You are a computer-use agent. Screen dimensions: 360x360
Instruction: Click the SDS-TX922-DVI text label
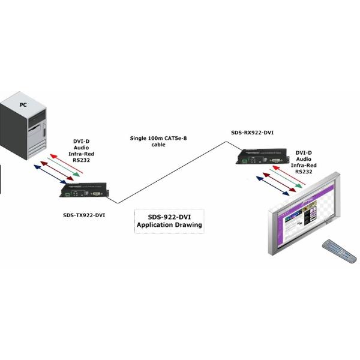point(83,215)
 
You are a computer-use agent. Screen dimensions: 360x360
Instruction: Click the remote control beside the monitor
point(339,251)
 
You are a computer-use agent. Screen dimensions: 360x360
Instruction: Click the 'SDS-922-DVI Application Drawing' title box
point(169,221)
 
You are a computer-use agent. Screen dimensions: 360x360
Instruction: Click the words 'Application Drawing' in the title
point(169,225)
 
